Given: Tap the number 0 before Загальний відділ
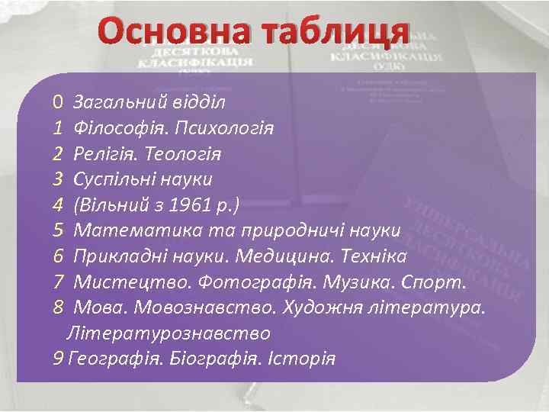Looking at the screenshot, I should [x=58, y=102].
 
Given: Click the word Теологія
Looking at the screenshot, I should [x=185, y=153].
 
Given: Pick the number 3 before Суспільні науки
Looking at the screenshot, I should [x=58, y=179].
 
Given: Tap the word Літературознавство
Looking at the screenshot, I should [x=169, y=333].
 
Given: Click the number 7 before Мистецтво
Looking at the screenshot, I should [x=58, y=282].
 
